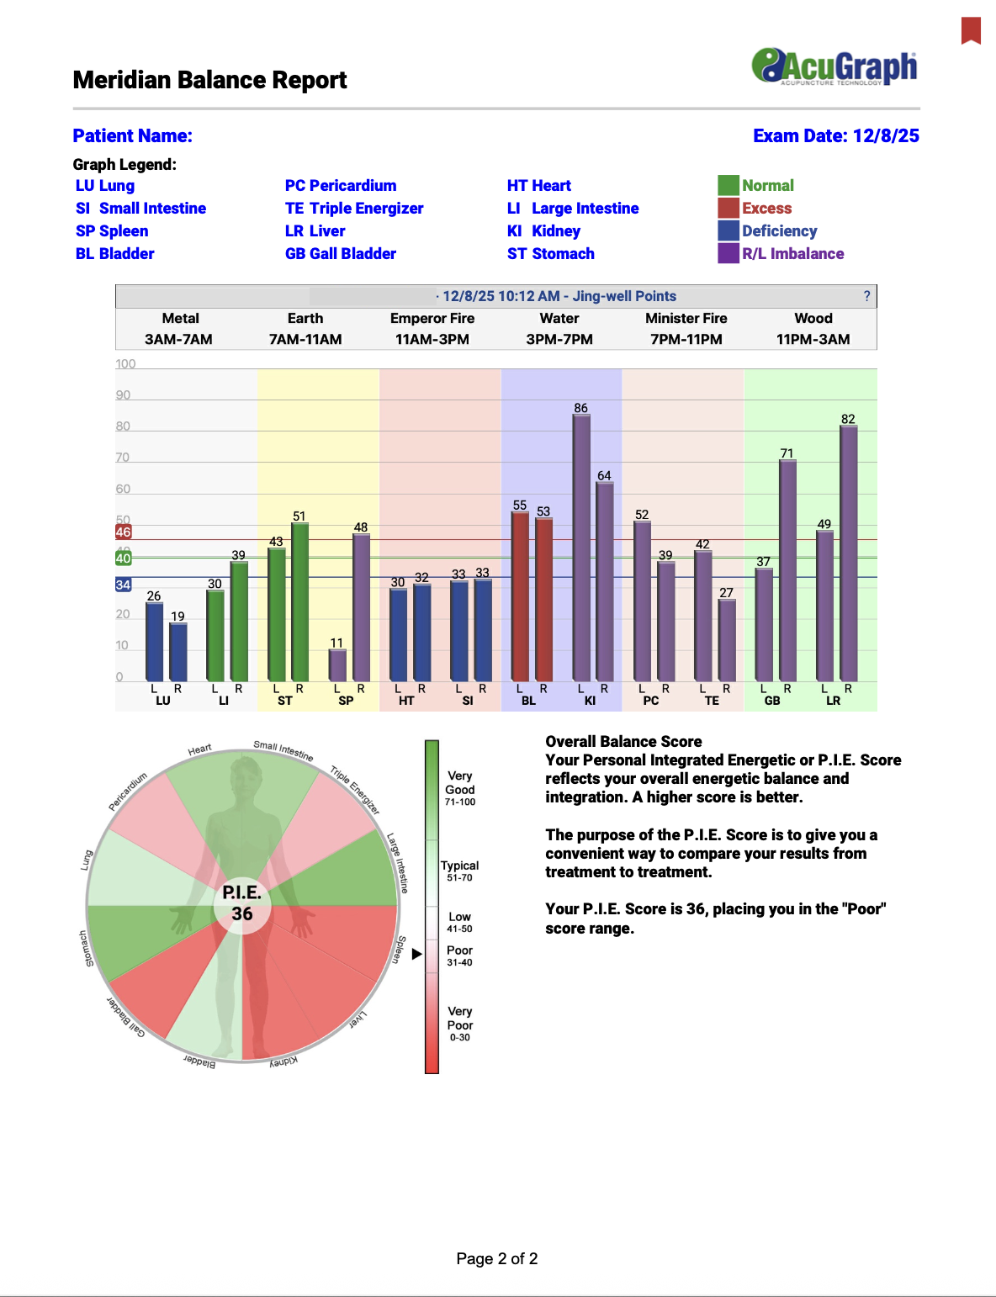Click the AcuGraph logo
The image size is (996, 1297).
tap(834, 66)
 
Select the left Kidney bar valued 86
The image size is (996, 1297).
tap(581, 547)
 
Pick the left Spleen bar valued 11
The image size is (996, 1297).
tap(336, 664)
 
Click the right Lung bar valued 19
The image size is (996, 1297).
tap(177, 652)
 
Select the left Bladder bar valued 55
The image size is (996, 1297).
tap(520, 596)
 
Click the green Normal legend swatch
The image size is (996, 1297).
tap(728, 185)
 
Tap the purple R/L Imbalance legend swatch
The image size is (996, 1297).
tap(728, 253)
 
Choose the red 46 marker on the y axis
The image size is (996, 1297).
tap(124, 532)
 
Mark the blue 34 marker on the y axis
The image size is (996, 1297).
tap(124, 585)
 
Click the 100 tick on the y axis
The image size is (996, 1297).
tap(125, 364)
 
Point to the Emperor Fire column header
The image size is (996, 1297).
tap(432, 319)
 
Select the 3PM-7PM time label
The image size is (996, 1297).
tap(559, 340)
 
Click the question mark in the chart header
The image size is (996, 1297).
tap(866, 296)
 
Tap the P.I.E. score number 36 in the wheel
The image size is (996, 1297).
tap(242, 914)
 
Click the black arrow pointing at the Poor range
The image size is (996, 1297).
tap(416, 954)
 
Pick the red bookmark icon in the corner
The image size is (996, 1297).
tap(972, 30)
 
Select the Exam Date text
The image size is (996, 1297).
tap(835, 136)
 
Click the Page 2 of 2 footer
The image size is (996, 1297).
tap(496, 1259)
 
